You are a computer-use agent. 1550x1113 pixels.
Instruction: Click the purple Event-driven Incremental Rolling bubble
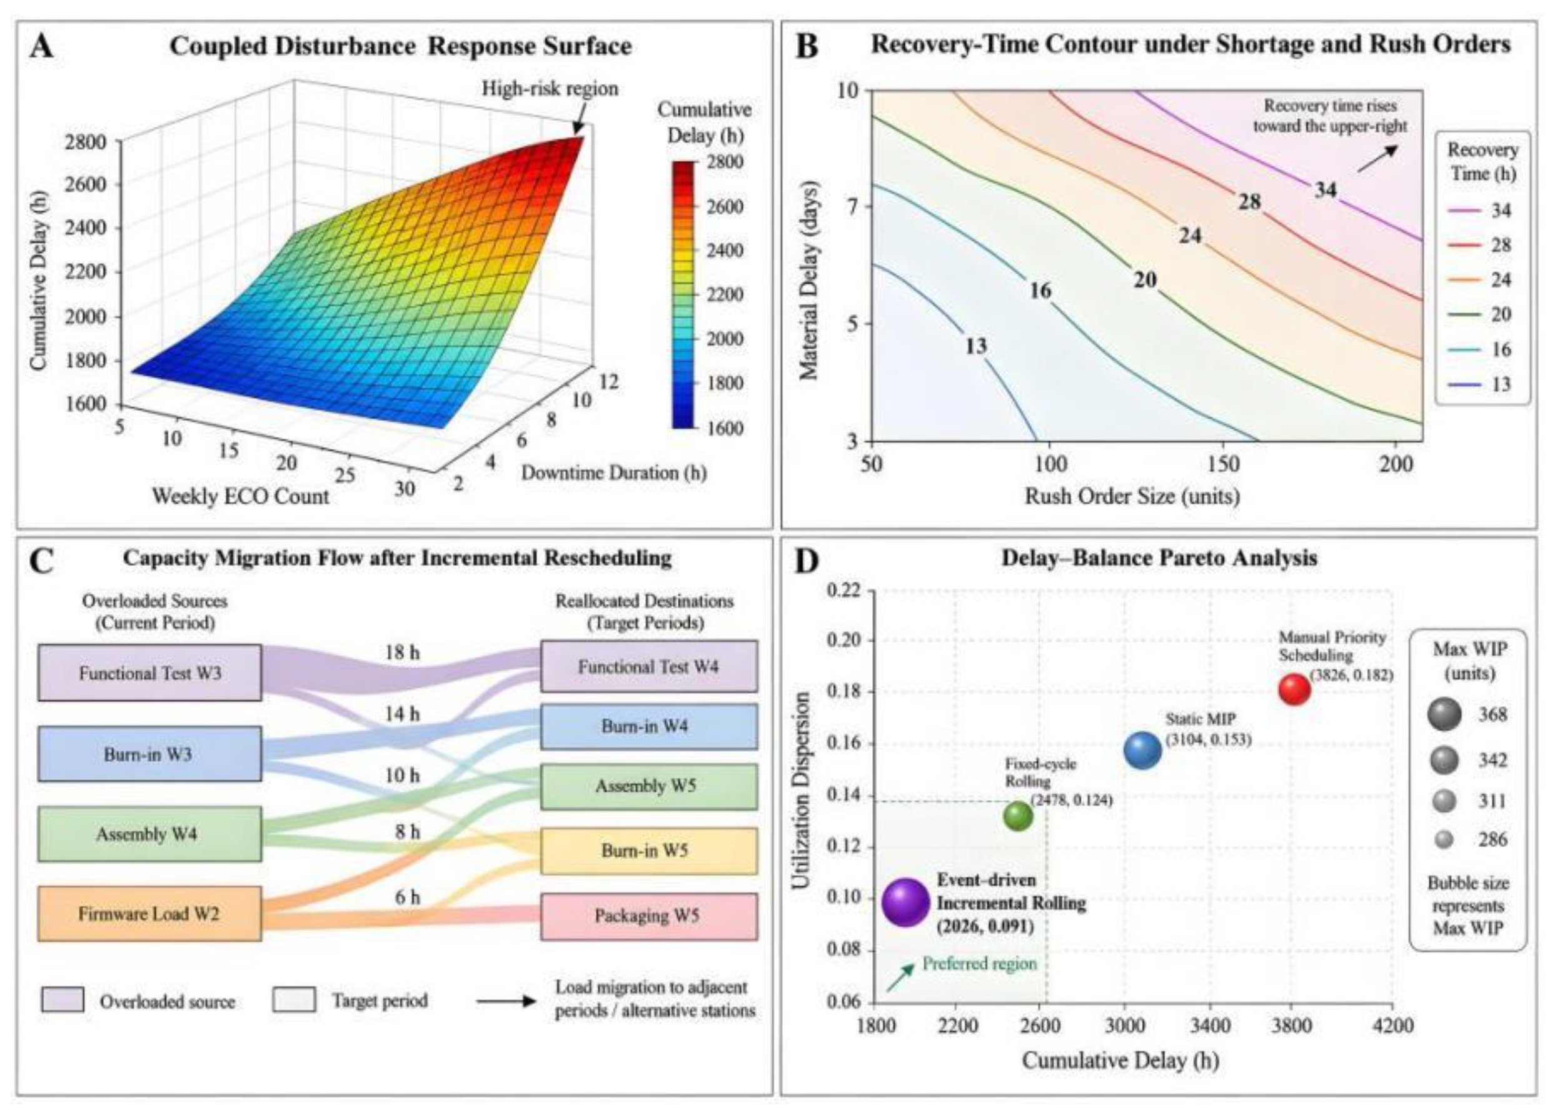(x=905, y=902)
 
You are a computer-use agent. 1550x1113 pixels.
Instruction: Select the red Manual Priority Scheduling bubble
(x=1294, y=689)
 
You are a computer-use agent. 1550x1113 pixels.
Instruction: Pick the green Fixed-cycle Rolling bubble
(x=1019, y=815)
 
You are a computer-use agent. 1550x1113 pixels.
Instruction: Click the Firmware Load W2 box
(x=149, y=914)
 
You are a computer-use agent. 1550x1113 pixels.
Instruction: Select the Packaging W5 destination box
(x=648, y=916)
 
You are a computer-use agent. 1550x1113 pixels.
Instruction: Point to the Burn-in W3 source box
(x=149, y=754)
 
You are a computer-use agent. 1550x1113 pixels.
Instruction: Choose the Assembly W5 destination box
(x=648, y=786)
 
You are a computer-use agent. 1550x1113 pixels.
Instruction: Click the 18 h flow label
(x=402, y=652)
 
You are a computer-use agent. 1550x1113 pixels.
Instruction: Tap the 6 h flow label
(x=407, y=896)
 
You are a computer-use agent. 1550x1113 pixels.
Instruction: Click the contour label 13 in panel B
(x=976, y=346)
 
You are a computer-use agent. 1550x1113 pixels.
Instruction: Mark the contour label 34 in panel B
(x=1325, y=190)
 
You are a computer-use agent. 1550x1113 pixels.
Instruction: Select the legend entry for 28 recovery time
(x=1477, y=244)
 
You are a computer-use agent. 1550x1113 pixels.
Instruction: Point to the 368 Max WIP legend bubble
(x=1444, y=715)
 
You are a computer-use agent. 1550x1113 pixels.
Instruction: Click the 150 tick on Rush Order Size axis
(x=1222, y=464)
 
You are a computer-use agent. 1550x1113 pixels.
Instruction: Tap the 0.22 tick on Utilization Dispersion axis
(x=845, y=591)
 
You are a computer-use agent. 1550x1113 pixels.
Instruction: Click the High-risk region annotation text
(x=550, y=89)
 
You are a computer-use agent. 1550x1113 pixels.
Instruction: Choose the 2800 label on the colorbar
(x=724, y=162)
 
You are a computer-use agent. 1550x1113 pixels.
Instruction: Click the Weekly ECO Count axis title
(x=241, y=496)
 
